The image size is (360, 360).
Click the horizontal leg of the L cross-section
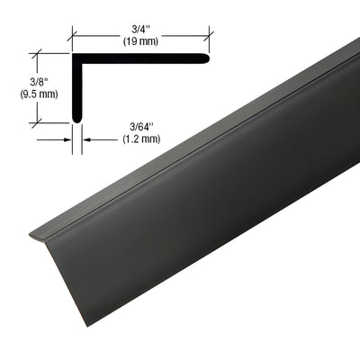coord(144,58)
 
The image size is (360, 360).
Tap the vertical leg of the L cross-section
coord(76,90)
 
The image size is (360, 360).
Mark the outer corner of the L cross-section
coord(73,54)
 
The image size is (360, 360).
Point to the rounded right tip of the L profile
coord(209,58)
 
